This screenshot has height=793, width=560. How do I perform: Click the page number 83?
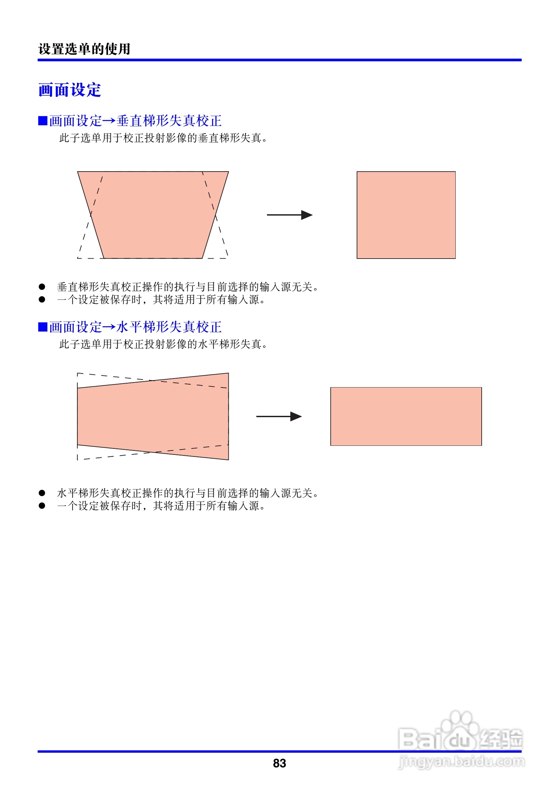tap(279, 763)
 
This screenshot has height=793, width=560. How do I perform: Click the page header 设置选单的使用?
tap(84, 49)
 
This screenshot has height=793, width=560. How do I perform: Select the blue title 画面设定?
tap(70, 90)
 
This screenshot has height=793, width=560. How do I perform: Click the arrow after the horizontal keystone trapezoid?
tap(279, 416)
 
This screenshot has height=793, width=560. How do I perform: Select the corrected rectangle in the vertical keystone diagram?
tap(406, 215)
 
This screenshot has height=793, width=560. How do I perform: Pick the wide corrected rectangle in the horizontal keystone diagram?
tap(406, 416)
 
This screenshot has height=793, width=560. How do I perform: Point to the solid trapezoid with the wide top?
tap(153, 214)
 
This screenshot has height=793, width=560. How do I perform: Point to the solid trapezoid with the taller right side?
tap(153, 416)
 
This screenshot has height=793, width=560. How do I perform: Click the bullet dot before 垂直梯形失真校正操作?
tap(42, 287)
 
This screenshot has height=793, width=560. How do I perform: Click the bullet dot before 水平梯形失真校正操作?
tap(42, 493)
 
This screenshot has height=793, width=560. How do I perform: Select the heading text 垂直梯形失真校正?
tap(169, 121)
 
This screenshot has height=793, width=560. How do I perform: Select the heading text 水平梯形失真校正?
tap(169, 327)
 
